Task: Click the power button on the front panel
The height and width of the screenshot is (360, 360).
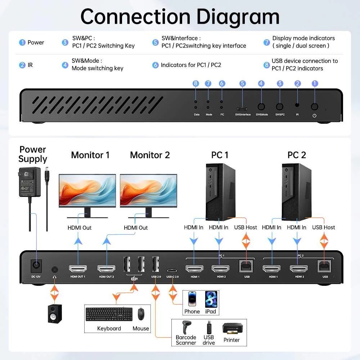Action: coord(314,107)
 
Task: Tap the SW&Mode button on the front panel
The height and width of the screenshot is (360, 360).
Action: coord(262,107)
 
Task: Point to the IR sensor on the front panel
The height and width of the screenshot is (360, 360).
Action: coord(297,105)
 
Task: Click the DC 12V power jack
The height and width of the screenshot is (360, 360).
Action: coord(36,266)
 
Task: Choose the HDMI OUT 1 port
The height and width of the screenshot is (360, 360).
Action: coord(78,269)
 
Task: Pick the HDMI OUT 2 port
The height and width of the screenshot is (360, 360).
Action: coord(106,269)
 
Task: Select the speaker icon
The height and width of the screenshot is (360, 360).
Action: coord(55,313)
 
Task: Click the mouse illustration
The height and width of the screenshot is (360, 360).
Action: coord(141,314)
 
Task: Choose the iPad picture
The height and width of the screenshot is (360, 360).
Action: coord(211,299)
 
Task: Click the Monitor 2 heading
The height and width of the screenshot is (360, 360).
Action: coord(150,155)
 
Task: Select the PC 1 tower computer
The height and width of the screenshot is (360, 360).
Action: coord(221,191)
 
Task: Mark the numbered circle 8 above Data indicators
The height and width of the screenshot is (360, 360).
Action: coord(195,84)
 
